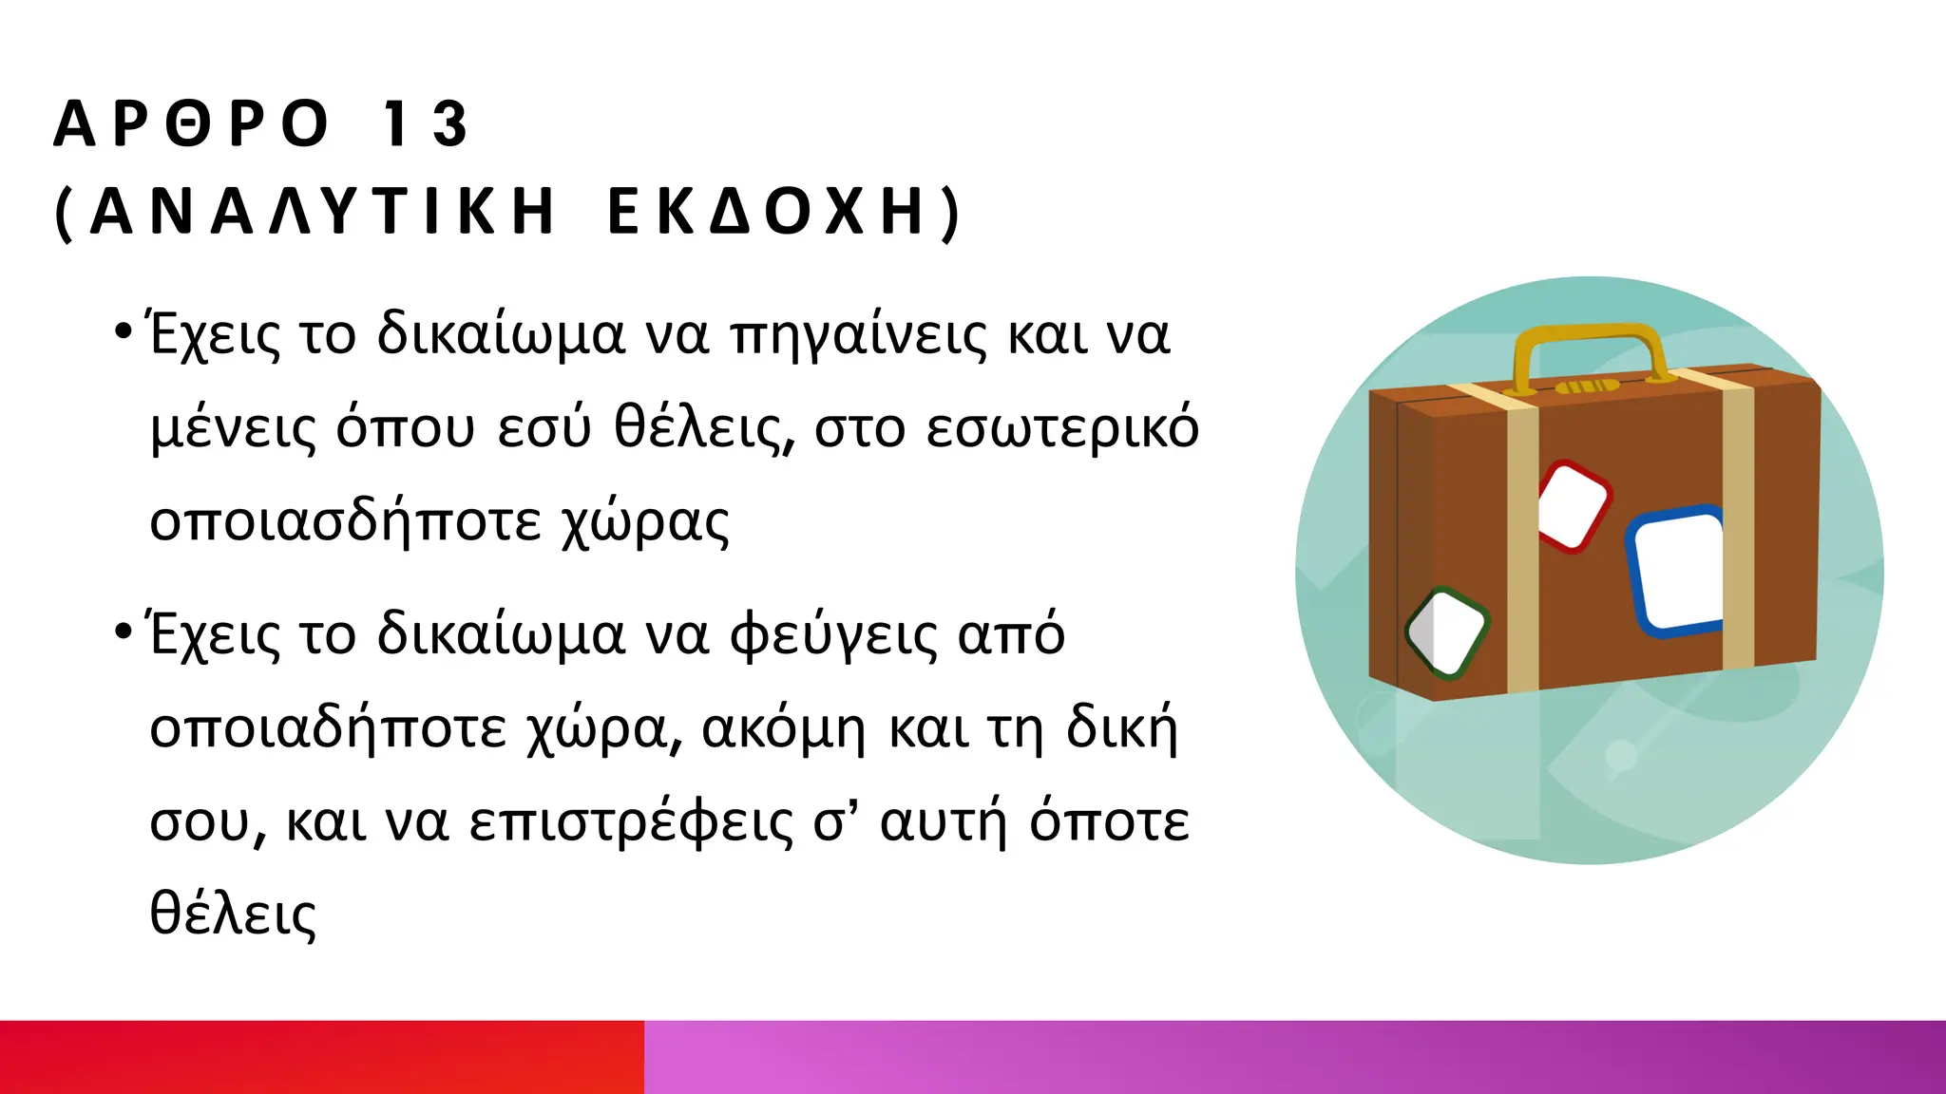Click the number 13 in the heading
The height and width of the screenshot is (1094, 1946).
click(425, 123)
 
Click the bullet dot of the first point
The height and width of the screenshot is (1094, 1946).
click(122, 331)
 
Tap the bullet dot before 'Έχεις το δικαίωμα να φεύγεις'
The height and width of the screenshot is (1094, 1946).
click(122, 631)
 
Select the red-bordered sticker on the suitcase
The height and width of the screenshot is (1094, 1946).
click(1574, 505)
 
